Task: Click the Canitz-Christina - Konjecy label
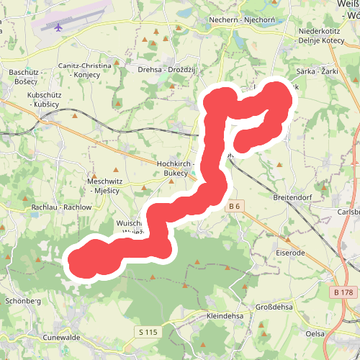point(85,70)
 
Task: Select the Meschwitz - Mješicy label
point(106,184)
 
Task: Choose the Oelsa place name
point(335,333)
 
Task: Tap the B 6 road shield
point(233,207)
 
